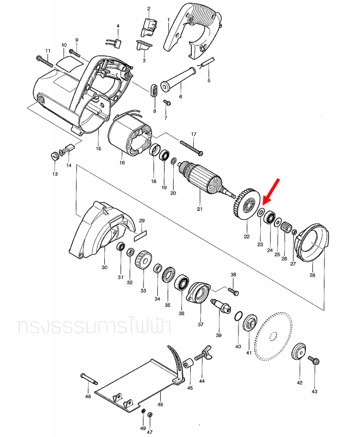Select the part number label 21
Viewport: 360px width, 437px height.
click(199, 209)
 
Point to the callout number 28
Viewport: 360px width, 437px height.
click(313, 275)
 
